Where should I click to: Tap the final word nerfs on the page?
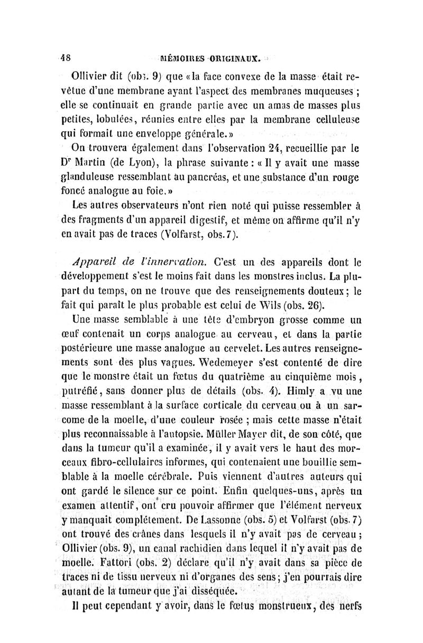(x=346, y=601)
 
